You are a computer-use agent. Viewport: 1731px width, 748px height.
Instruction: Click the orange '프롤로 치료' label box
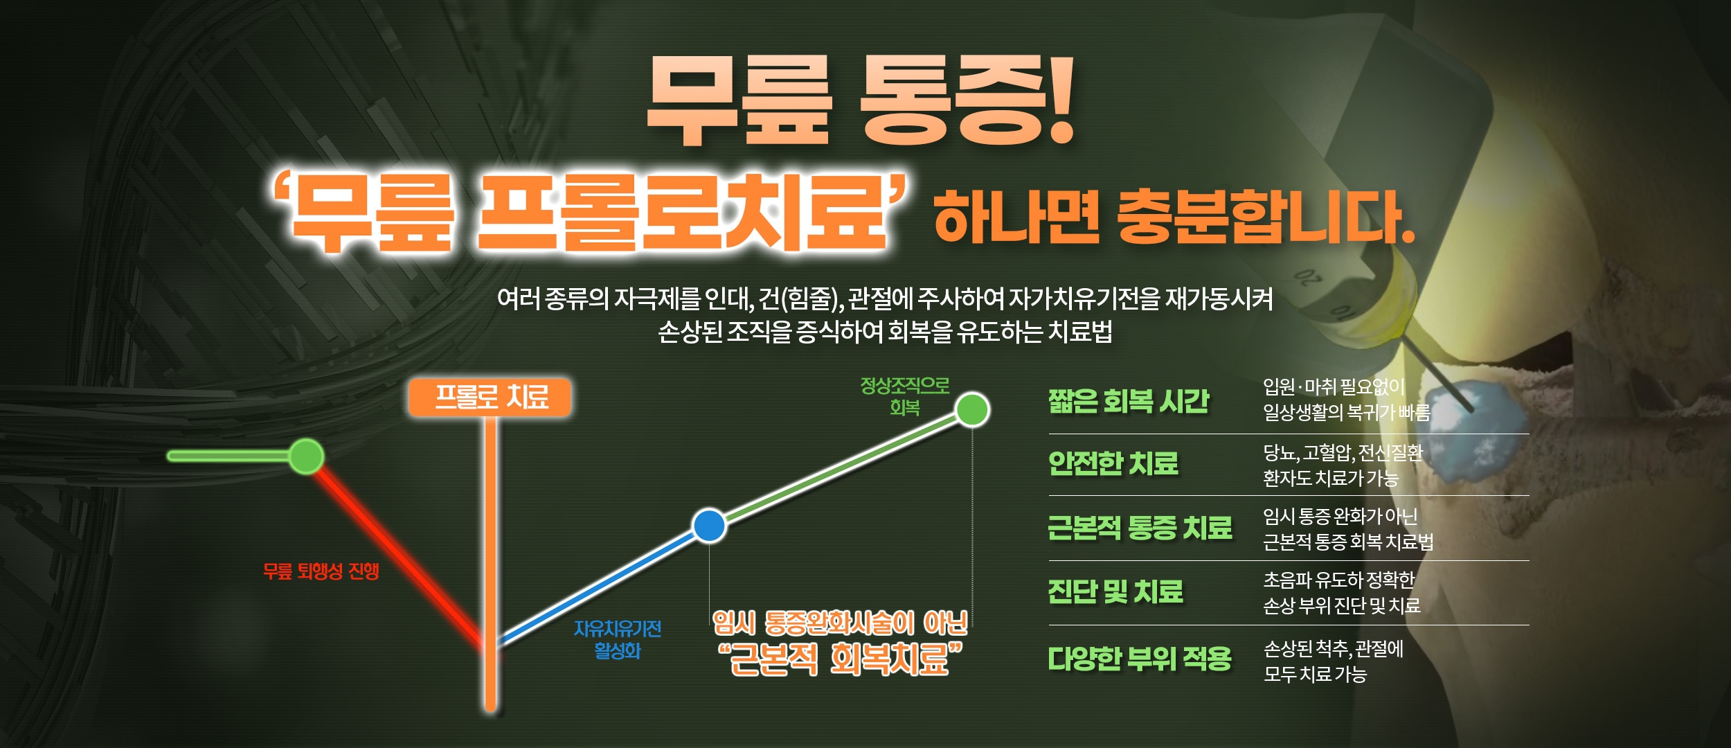coord(490,398)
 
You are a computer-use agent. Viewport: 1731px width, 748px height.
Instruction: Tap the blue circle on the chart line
coord(709,525)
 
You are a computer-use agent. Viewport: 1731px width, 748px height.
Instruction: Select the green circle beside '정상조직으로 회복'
coord(972,409)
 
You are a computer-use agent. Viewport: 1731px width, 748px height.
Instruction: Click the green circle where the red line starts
coord(306,456)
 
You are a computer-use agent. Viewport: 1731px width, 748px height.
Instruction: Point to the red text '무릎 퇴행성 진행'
coord(321,571)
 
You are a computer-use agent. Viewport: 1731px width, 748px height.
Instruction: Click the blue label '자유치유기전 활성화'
coord(618,640)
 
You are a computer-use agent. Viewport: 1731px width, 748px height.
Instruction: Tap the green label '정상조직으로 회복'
coord(905,396)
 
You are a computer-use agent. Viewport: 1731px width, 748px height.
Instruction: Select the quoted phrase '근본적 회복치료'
coord(840,659)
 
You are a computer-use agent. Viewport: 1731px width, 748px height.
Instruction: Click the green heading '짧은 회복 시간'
coord(1129,401)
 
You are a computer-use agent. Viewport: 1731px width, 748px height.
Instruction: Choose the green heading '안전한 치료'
coord(1113,463)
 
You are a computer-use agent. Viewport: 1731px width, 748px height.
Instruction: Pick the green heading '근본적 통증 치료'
coord(1140,528)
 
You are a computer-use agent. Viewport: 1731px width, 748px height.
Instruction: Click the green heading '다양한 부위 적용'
coord(1140,658)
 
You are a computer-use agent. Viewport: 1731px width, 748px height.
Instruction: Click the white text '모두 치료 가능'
coord(1315,674)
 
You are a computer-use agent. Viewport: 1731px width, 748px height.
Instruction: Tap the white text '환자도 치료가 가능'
coord(1331,478)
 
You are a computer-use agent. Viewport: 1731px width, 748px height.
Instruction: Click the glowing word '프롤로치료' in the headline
coord(682,213)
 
